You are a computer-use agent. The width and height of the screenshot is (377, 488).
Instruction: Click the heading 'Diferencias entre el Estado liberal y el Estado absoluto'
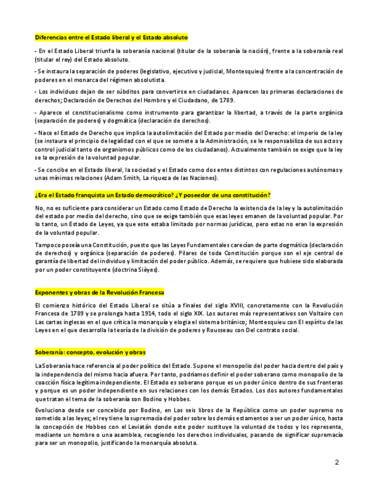click(x=111, y=37)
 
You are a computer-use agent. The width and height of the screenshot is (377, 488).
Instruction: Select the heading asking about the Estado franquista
click(x=153, y=195)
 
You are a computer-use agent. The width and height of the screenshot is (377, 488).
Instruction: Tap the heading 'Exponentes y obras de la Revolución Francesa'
click(x=99, y=292)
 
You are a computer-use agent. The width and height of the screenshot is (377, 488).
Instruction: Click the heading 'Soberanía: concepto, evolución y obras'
click(x=90, y=352)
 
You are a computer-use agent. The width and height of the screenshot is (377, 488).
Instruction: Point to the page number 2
click(x=337, y=462)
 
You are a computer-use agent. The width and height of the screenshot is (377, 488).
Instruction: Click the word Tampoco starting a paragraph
click(x=47, y=245)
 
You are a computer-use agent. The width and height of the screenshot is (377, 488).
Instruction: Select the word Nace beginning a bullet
click(x=45, y=133)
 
